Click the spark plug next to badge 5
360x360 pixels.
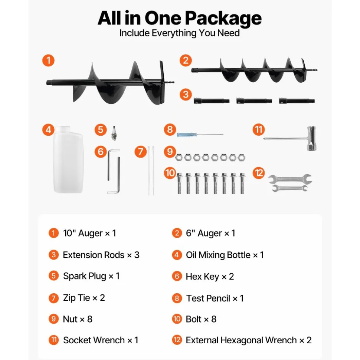point(114,133)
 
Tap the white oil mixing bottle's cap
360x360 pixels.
point(63,129)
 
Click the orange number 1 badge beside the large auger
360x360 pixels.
point(48,60)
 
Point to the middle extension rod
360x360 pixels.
point(254,101)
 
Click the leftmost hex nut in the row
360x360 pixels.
point(179,158)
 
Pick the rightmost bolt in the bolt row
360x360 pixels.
point(242,184)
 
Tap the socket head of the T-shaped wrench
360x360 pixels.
point(311,138)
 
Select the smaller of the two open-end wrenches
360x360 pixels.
point(289,188)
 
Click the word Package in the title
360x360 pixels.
point(223,19)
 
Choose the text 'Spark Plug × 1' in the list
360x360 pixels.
point(91,276)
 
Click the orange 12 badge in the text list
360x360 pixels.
point(177,340)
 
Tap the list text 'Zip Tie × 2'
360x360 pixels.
point(84,298)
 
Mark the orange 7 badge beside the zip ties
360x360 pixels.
point(140,152)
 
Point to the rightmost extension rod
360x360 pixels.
point(297,101)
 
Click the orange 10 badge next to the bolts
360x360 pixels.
point(170,173)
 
